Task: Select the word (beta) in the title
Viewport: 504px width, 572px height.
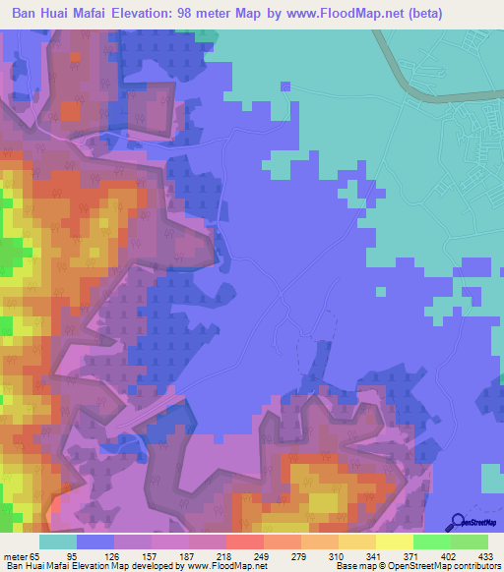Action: [422, 14]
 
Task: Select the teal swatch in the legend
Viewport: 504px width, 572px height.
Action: [58, 542]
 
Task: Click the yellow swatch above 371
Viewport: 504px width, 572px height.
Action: [395, 542]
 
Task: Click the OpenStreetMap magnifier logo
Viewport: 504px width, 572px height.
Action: [458, 522]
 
